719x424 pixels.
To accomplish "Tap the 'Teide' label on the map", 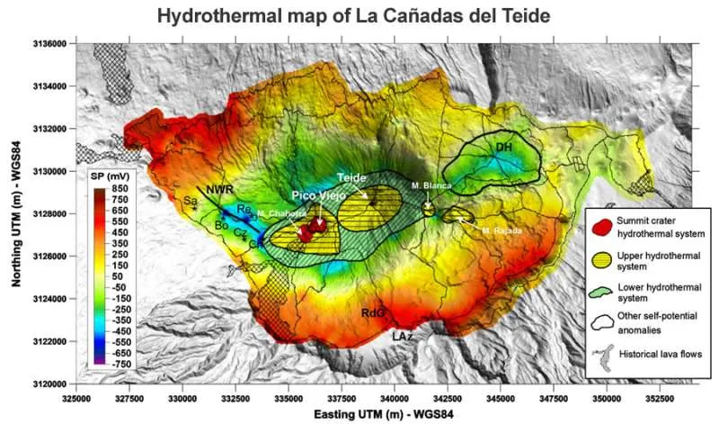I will click(351, 177).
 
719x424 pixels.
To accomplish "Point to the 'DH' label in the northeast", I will click(503, 147).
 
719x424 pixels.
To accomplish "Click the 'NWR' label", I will click(219, 190).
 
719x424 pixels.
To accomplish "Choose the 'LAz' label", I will click(403, 335).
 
